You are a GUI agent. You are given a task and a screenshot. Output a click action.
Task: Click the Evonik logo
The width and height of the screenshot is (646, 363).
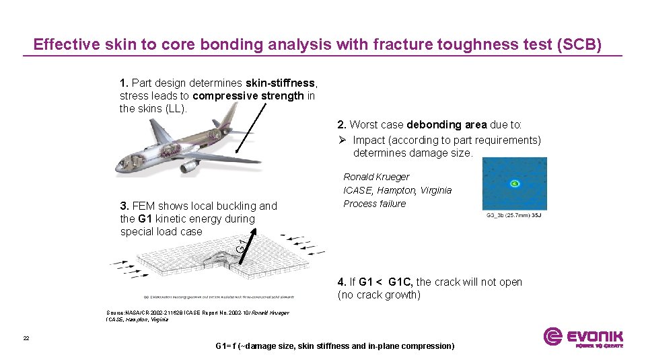583,337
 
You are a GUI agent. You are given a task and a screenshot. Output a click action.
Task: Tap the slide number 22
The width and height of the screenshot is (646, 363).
26,338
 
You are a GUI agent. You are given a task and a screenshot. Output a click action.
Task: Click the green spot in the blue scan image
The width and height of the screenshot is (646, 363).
514,183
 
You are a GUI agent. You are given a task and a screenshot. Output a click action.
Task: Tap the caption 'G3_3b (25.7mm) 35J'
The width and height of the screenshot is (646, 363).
515,216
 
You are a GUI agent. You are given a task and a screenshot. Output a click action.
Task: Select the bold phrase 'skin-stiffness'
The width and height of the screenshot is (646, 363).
280,83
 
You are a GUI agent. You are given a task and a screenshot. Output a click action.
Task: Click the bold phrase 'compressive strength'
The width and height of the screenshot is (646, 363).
248,96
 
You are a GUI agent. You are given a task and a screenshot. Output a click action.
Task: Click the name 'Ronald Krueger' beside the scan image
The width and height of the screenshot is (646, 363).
376,177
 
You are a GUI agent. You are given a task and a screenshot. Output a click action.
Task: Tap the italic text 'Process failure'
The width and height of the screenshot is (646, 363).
375,204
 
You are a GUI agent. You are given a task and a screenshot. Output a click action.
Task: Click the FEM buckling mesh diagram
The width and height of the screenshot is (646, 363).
215,266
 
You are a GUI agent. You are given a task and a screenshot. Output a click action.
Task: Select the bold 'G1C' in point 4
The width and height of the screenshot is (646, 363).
401,282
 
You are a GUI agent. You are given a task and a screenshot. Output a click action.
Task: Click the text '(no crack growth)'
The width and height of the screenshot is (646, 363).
379,295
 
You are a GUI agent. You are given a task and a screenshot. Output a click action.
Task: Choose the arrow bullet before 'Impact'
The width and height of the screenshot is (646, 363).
343,140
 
